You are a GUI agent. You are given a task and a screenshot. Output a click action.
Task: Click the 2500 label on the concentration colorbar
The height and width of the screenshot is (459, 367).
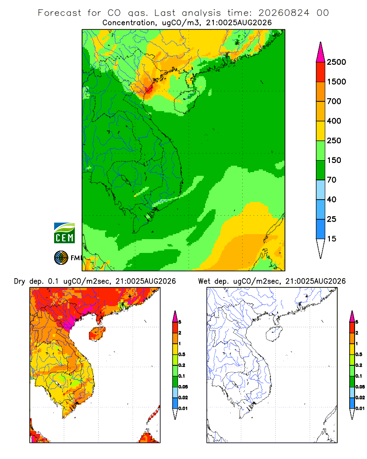click(336, 62)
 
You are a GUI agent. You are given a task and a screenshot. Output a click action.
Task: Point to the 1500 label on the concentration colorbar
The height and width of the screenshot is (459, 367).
click(336, 82)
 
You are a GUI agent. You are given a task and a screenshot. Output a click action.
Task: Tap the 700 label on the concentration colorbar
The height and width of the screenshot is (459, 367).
click(334, 101)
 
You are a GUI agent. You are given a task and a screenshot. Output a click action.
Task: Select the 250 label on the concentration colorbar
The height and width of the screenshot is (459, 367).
click(334, 140)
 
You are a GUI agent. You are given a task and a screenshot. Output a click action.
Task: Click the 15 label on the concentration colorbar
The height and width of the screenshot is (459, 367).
click(332, 239)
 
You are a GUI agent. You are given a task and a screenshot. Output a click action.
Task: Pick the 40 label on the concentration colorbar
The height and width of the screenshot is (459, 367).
click(332, 200)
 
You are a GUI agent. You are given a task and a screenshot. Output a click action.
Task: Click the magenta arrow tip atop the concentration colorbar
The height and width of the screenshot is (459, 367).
click(321, 52)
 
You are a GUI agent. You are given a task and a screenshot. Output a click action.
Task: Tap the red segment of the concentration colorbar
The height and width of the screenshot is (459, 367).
click(321, 72)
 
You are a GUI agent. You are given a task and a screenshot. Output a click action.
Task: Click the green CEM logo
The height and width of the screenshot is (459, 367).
click(64, 233)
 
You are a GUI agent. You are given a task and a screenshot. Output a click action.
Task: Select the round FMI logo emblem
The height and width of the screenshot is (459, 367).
click(61, 258)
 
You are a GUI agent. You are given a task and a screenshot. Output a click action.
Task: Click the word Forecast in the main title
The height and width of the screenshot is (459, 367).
click(60, 13)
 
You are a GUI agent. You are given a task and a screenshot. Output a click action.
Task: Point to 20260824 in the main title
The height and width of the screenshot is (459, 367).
click(284, 13)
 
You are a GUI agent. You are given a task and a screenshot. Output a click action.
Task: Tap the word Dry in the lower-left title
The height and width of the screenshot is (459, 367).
click(19, 281)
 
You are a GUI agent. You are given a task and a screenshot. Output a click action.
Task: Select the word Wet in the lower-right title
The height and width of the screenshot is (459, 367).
click(204, 281)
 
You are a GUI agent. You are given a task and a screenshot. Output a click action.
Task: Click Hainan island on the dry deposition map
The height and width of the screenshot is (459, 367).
click(97, 334)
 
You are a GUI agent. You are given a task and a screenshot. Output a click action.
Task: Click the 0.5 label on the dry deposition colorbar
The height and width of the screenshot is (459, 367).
click(182, 354)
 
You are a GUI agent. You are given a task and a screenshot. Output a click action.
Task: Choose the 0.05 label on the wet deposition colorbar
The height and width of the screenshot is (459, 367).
click(360, 387)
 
